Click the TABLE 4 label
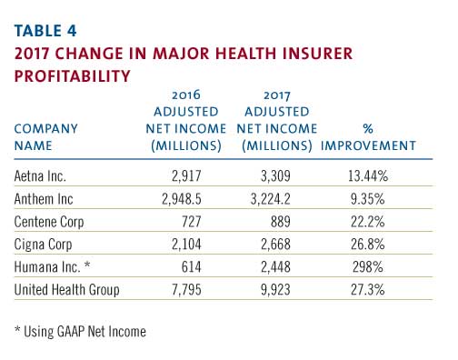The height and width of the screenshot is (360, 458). tap(45, 31)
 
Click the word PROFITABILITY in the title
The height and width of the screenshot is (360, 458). tap(73, 75)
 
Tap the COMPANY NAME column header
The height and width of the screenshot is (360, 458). tap(46, 137)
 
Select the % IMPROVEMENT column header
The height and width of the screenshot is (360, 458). tap(368, 137)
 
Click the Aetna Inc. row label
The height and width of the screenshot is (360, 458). tap(40, 176)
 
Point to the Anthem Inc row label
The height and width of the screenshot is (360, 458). tap(44, 199)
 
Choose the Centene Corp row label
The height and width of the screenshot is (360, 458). tap(49, 222)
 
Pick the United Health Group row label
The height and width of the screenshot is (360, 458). tap(66, 290)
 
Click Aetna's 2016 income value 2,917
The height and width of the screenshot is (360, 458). tap(186, 176)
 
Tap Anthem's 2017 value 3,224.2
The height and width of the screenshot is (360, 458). tap(271, 199)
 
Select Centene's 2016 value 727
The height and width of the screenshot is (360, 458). tap(192, 222)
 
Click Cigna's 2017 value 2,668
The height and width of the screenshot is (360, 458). tap(275, 245)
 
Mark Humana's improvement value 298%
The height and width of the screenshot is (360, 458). tap(368, 267)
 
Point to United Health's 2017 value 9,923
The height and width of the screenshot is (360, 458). tap(275, 290)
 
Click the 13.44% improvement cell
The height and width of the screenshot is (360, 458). tap(368, 176)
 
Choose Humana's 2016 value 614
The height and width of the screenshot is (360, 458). tap(192, 267)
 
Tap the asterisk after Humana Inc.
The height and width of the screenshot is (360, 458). tap(87, 265)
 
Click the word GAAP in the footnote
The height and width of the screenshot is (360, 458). tap(71, 332)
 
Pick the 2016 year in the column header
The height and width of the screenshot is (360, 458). tap(186, 95)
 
